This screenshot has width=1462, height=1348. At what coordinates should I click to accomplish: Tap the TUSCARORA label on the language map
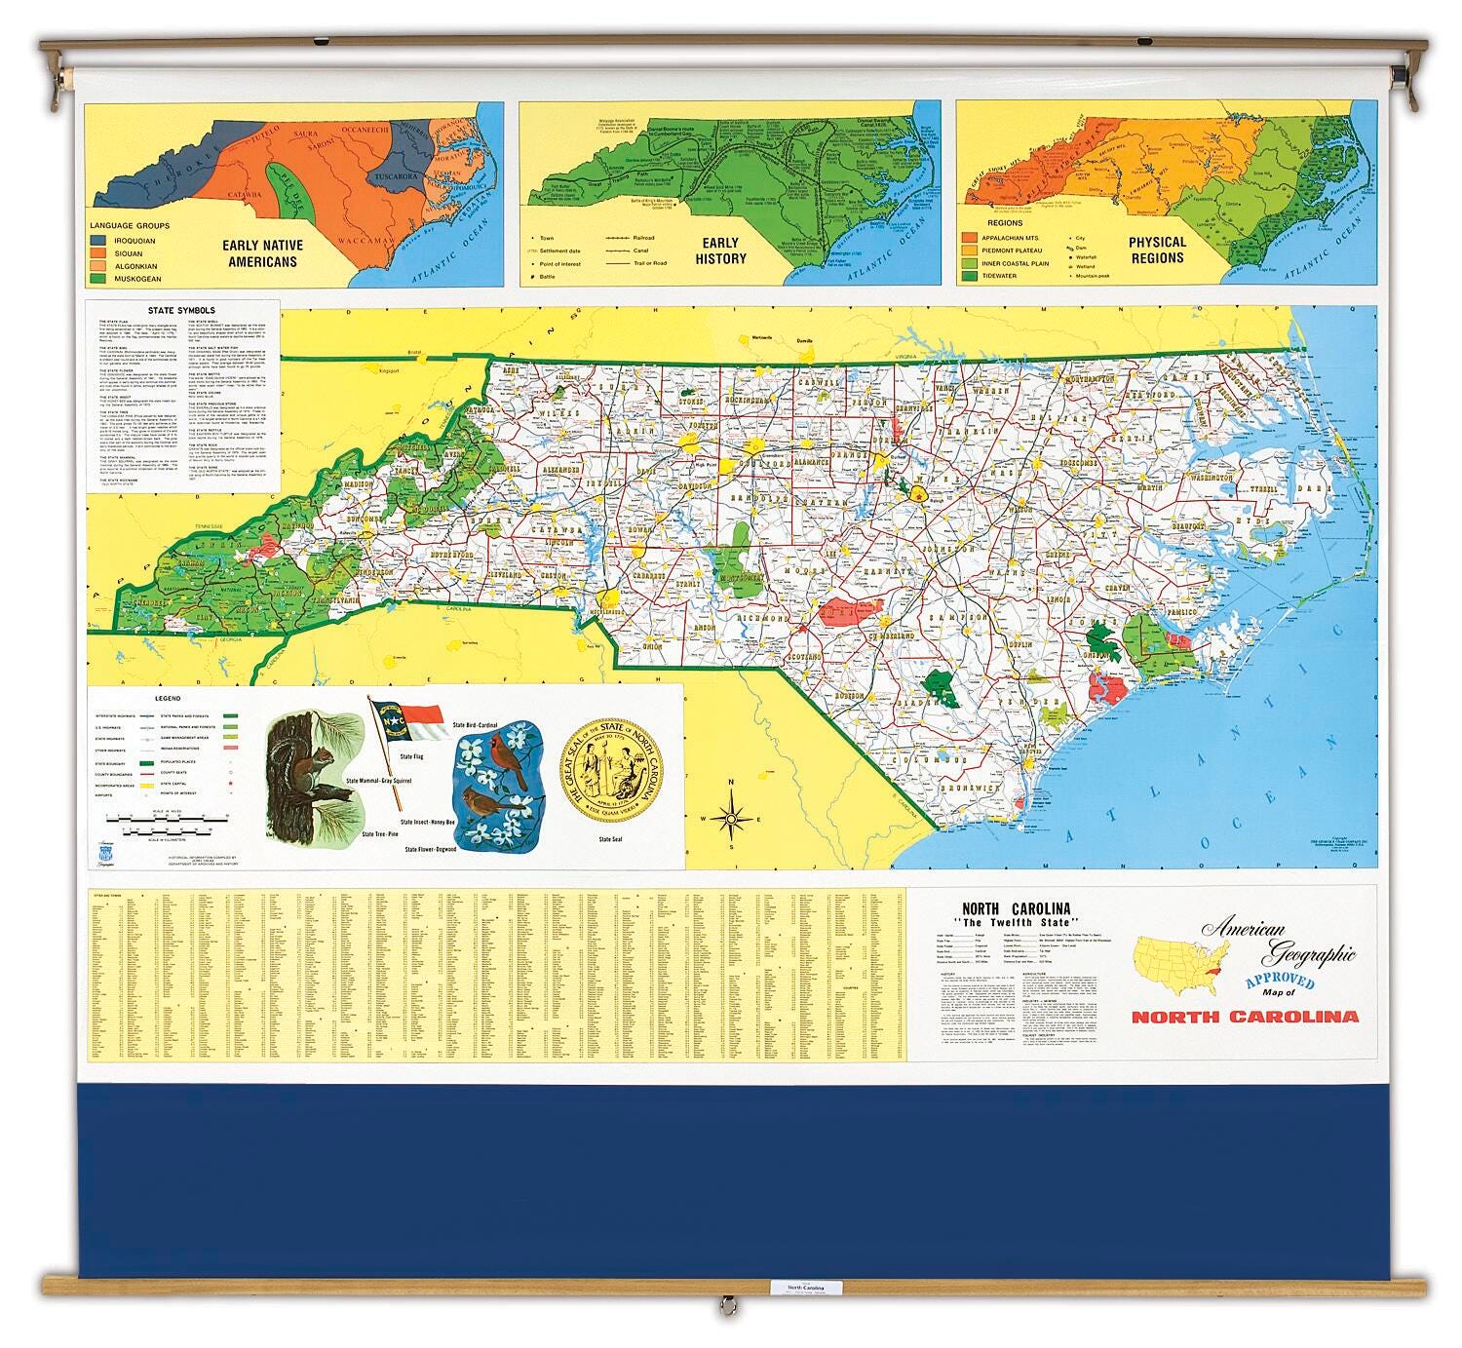coord(393,177)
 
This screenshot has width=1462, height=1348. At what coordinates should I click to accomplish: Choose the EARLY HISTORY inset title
coord(720,250)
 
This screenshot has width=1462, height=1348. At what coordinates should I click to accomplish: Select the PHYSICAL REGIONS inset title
coord(1157,250)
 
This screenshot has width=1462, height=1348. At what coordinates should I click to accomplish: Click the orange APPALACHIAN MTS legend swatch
coord(970,237)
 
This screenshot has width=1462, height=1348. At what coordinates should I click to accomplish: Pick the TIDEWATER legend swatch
coord(970,277)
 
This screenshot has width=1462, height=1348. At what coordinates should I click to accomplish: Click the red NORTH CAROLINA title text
coord(1244,1017)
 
